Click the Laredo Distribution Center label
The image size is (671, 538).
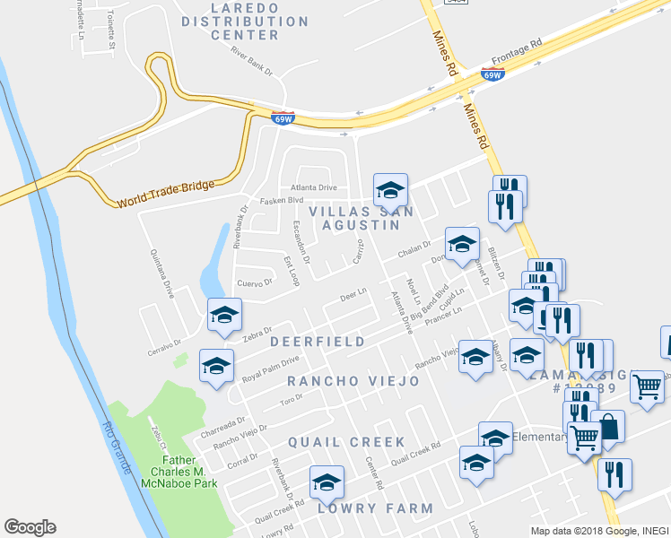(x=245, y=21)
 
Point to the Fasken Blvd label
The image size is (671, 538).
(x=282, y=202)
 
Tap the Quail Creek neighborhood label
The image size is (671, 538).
(x=346, y=443)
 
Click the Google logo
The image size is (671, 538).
(x=30, y=527)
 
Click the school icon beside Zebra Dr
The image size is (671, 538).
(x=224, y=314)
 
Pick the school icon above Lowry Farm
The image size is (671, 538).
(x=327, y=482)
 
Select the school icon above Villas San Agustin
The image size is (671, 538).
(x=390, y=189)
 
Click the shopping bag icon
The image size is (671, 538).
(x=607, y=427)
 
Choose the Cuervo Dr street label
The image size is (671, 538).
(x=254, y=282)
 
